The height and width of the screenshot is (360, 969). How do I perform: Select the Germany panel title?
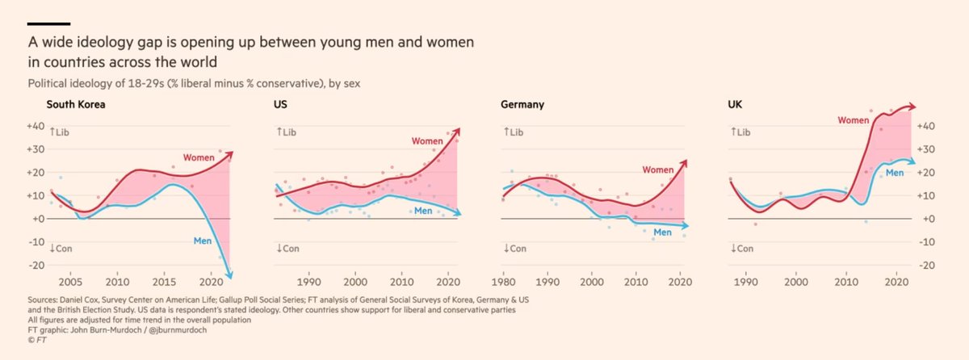click(x=522, y=105)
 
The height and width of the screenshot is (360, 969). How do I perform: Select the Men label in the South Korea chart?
click(x=203, y=240)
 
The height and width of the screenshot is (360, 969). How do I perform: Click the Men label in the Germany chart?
click(x=663, y=232)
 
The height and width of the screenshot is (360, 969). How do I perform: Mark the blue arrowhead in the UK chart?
click(x=913, y=161)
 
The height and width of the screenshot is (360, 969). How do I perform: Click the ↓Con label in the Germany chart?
click(x=515, y=248)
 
